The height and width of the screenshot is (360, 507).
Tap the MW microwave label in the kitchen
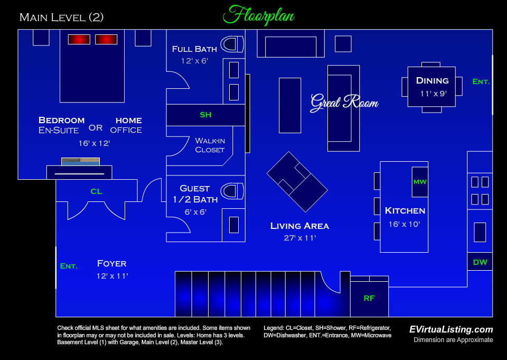pyautogui.click(x=420, y=182)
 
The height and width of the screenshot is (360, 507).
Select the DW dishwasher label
pyautogui.click(x=480, y=262)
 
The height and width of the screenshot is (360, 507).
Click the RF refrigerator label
pyautogui.click(x=369, y=298)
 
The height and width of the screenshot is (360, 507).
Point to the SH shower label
pyautogui.click(x=205, y=115)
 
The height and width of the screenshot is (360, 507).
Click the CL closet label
pyautogui.click(x=96, y=191)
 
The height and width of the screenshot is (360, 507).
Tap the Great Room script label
pyautogui.click(x=344, y=101)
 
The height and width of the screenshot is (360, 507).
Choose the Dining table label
pyautogui.click(x=432, y=81)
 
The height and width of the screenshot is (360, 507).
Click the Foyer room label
pyautogui.click(x=112, y=263)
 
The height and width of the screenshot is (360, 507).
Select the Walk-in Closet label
pyautogui.click(x=210, y=145)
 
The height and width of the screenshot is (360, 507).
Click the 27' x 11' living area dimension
pyautogui.click(x=299, y=238)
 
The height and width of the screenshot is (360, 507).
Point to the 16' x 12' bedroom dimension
pyautogui.click(x=93, y=143)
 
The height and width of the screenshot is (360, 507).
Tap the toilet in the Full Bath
pyautogui.click(x=232, y=44)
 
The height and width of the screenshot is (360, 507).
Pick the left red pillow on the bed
pyautogui.click(x=79, y=40)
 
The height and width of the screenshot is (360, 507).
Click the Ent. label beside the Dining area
pyautogui.click(x=481, y=82)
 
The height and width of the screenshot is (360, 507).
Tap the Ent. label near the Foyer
pyautogui.click(x=68, y=266)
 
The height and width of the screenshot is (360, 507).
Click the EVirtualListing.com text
pyautogui.click(x=451, y=329)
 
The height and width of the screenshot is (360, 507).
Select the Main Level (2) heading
pyautogui.click(x=61, y=17)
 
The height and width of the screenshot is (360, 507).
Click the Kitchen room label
pyautogui.click(x=405, y=210)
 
